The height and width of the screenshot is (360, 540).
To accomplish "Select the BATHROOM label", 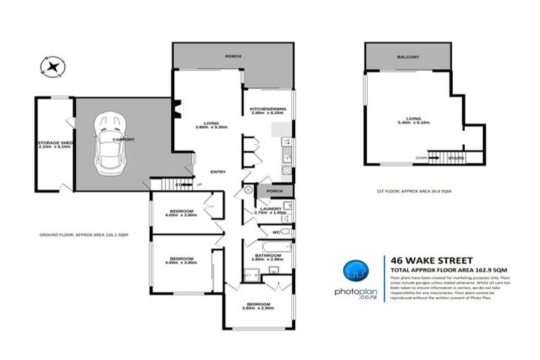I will click(x=267, y=255).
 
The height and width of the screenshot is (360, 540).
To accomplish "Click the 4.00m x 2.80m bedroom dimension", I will click(x=181, y=215).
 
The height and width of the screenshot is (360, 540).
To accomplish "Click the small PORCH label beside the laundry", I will click(x=275, y=191).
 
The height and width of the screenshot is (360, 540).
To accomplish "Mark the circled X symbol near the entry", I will click(x=247, y=190).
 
